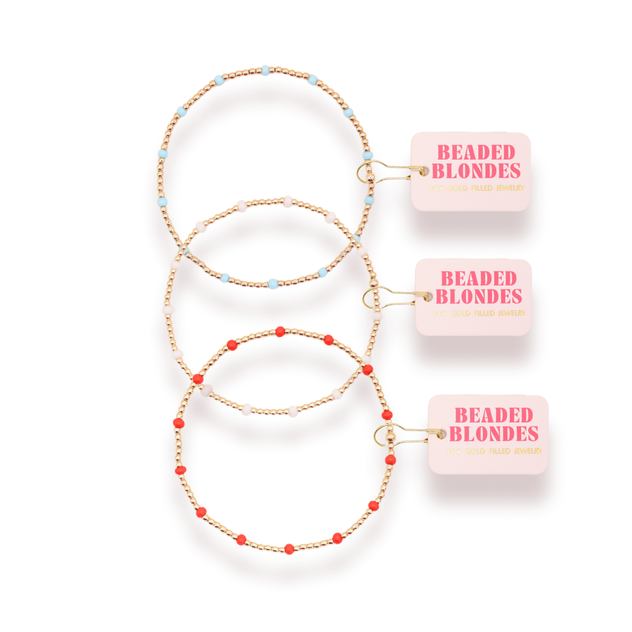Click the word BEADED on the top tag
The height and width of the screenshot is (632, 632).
pos(476,153)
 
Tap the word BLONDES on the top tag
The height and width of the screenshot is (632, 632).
pos(476,171)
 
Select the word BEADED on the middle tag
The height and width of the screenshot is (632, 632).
pos(479,279)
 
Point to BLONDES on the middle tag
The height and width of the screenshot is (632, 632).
pos(479,296)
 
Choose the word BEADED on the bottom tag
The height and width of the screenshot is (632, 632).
pos(494,415)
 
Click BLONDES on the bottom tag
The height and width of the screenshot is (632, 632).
pos(494,433)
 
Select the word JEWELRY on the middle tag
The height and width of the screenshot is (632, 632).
pos(512,313)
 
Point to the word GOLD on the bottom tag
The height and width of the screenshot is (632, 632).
pos(475,451)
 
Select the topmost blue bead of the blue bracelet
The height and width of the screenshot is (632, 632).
pos(265,71)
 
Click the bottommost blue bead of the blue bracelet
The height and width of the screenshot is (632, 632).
pos(273,283)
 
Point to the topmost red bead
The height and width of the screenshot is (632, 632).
pos(280,332)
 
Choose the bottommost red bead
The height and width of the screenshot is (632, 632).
pos(289,549)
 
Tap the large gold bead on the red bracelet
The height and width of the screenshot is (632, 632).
pos(390,438)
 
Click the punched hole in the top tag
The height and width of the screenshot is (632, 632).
pos(423,172)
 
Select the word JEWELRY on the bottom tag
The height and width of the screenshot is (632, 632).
pos(528,451)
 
